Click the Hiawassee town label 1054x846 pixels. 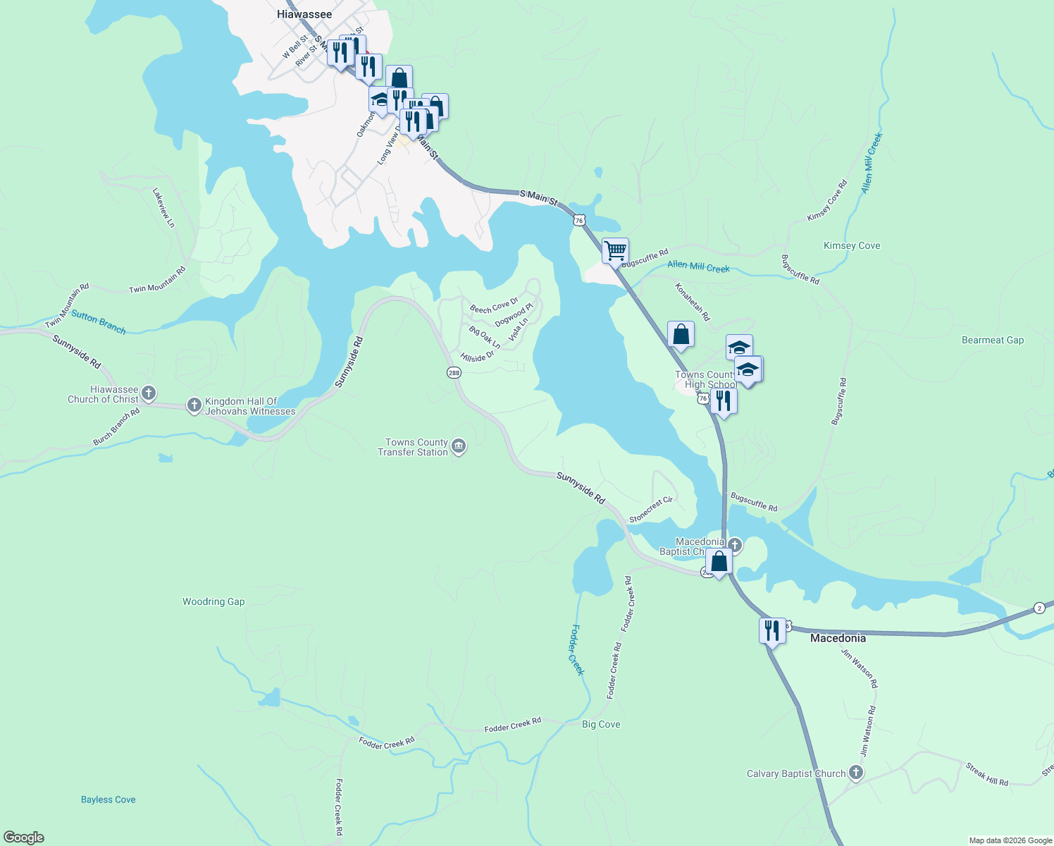click(x=304, y=14)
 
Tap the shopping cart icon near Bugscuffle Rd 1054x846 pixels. click(x=615, y=250)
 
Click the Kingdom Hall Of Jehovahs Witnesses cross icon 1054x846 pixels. click(x=194, y=405)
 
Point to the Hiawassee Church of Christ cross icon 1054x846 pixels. click(x=149, y=393)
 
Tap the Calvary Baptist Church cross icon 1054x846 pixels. click(x=855, y=773)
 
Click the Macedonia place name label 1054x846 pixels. click(x=838, y=638)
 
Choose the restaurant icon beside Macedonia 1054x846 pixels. click(x=772, y=630)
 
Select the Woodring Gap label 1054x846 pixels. click(x=213, y=601)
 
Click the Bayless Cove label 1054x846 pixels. click(x=108, y=799)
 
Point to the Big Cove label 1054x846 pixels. click(x=601, y=724)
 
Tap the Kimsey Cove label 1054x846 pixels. click(x=852, y=245)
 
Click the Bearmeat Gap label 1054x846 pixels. click(x=993, y=340)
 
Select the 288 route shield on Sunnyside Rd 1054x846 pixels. click(x=454, y=372)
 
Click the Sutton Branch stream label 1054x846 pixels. click(x=99, y=322)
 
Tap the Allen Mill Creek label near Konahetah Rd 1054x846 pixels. click(x=698, y=266)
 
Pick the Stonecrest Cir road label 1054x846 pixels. click(x=651, y=510)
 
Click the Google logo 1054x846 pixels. click(x=24, y=837)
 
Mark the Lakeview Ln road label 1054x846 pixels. click(x=163, y=207)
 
